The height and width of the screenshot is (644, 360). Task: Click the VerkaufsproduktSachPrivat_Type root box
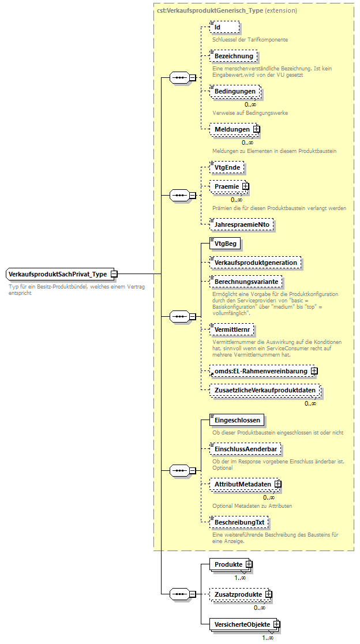(58, 274)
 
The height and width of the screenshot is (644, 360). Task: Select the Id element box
(224, 27)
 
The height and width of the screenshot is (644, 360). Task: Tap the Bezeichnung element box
(234, 56)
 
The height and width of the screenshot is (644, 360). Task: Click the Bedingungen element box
(235, 92)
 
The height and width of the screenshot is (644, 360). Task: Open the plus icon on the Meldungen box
(257, 129)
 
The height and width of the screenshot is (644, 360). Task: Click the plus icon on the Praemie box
(246, 186)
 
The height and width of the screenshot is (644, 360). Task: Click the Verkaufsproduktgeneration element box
(256, 263)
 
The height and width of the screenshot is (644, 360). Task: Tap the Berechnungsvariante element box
(246, 281)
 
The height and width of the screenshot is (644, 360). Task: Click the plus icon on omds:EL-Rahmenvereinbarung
(314, 371)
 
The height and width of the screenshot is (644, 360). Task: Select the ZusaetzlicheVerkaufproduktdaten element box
(265, 391)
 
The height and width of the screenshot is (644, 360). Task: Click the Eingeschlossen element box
(237, 420)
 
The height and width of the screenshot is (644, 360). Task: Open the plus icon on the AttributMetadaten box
(277, 484)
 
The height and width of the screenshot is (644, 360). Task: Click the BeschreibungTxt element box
(239, 522)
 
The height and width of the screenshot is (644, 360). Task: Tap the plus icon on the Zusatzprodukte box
(268, 594)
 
